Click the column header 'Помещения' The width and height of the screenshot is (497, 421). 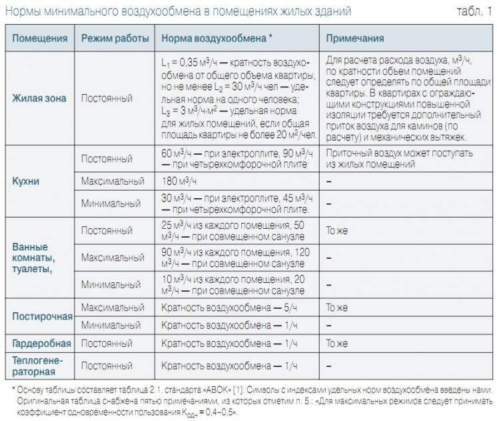(39, 39)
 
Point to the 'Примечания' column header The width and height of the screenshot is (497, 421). (355, 39)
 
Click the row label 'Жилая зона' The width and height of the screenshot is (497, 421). (39, 97)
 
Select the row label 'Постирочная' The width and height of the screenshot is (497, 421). (41, 316)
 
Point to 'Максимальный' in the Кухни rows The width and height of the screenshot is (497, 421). (113, 181)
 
